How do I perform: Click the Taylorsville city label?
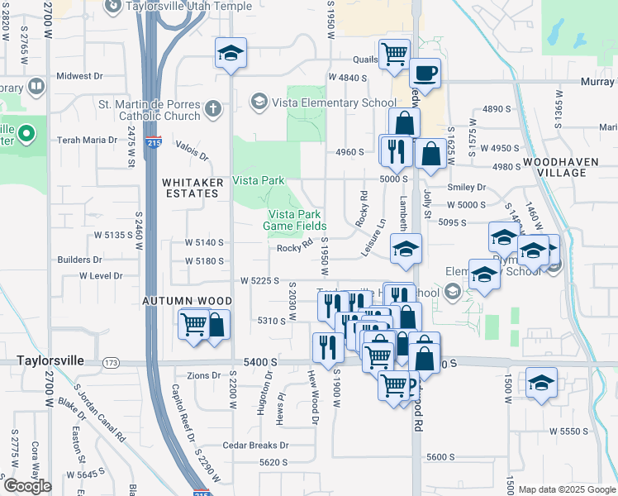point(55,362)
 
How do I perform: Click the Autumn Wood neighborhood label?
point(180,300)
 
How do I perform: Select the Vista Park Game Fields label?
point(294,219)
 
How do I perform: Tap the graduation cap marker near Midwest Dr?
point(231,55)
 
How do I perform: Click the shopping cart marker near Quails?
point(394,55)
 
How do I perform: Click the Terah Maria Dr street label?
point(87,140)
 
